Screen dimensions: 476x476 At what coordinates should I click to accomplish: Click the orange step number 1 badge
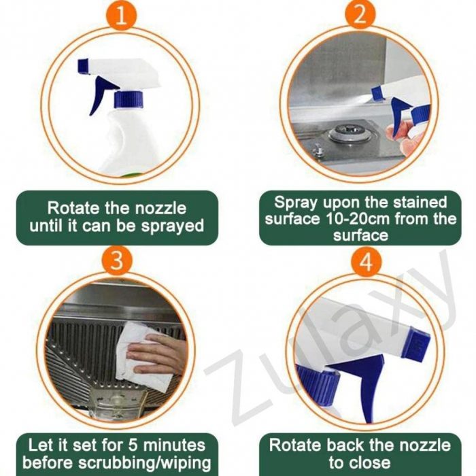click(122, 15)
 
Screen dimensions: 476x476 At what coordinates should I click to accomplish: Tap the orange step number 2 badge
click(360, 14)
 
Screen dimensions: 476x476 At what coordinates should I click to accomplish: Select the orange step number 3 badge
click(117, 260)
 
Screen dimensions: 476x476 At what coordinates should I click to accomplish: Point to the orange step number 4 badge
click(366, 261)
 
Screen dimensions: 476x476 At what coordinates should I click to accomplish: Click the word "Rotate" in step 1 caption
click(73, 208)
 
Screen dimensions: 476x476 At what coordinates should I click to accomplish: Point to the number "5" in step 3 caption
click(133, 445)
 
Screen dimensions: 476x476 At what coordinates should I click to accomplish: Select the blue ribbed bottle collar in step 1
click(129, 99)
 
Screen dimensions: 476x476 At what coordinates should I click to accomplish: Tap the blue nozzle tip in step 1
click(83, 66)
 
